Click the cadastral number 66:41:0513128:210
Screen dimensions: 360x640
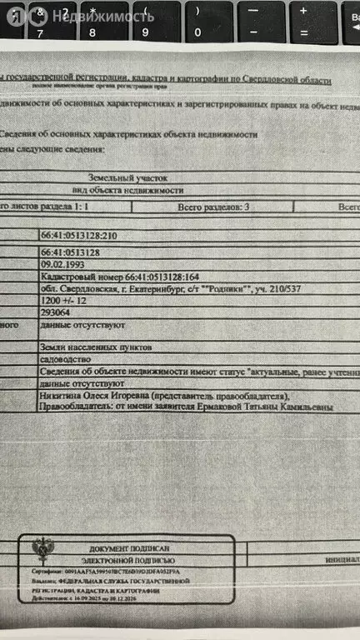coord(79,236)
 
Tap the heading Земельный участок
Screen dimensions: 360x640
coord(128,178)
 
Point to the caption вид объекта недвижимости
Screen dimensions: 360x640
coord(128,190)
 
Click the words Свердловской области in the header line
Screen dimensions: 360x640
coord(295,80)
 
